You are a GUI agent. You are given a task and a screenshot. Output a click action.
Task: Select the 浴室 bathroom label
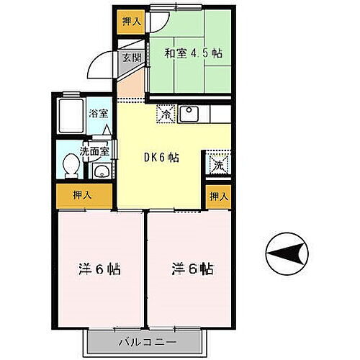click(x=98, y=113)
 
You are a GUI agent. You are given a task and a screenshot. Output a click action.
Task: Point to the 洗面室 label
click(x=94, y=151)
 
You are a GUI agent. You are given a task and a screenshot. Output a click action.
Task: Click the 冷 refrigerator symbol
click(x=165, y=114)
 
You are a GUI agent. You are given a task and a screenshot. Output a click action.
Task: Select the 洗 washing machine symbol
click(x=217, y=164)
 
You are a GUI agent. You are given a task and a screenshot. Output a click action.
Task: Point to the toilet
click(x=71, y=166)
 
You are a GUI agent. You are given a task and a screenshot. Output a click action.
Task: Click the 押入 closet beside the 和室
click(x=130, y=22)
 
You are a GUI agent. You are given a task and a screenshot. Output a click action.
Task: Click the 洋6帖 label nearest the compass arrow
click(x=192, y=269)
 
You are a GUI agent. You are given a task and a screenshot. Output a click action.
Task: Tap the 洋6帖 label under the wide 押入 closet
click(x=99, y=270)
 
